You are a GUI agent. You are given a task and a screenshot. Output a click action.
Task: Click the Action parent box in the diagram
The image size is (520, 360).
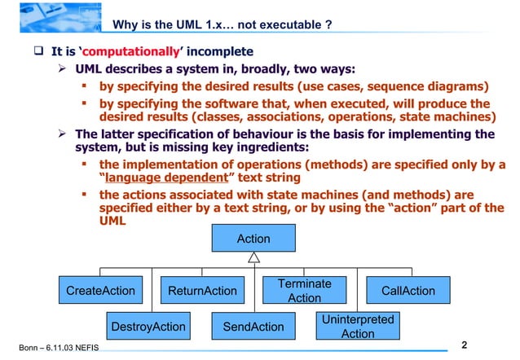(253, 239)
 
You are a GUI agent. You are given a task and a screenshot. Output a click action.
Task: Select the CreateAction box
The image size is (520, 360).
(100, 291)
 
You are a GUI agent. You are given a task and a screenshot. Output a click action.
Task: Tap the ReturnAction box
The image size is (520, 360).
(202, 291)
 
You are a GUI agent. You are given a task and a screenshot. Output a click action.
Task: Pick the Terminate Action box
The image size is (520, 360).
(304, 291)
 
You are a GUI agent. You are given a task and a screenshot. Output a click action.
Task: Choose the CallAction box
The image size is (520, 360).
(408, 291)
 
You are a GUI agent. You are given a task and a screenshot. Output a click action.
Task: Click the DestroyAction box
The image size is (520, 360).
(148, 327)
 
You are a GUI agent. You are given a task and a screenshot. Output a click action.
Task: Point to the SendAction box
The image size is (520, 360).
(253, 327)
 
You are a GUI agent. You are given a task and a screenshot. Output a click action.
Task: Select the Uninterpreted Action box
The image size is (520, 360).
(357, 327)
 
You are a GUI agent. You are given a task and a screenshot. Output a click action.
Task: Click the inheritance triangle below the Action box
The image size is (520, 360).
(254, 257)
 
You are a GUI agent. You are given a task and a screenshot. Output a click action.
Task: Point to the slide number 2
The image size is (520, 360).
(465, 344)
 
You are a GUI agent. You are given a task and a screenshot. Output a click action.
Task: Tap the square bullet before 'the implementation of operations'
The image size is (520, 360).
(85, 165)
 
